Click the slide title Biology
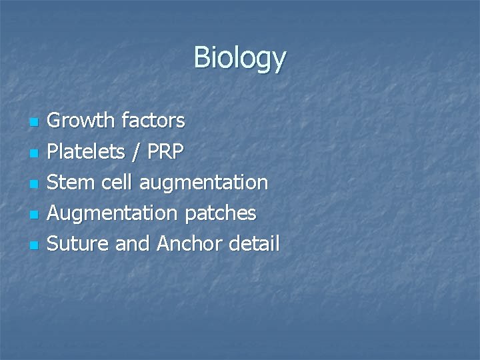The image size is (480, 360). click(239, 59)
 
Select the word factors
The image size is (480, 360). click(154, 121)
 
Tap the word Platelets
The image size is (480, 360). click(86, 151)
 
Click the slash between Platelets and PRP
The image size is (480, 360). click(136, 151)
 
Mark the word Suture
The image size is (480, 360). click(78, 244)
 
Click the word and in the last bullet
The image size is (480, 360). click(133, 244)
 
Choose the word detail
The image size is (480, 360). click(253, 244)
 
